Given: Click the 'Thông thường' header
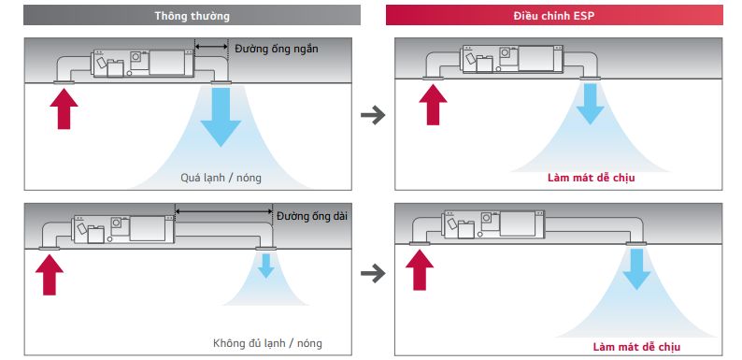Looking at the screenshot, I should [192, 16].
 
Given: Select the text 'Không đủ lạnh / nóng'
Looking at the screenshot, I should [266, 343].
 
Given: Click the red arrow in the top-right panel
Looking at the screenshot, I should [432, 103].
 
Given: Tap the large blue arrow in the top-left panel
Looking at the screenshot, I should [221, 118].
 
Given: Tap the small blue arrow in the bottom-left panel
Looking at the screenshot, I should [266, 266].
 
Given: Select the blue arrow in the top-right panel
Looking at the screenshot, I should [590, 103].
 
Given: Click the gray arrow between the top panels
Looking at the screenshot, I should [373, 115].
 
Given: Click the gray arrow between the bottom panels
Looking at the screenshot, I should [373, 273].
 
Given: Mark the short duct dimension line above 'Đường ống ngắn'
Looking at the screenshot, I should [211, 45].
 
